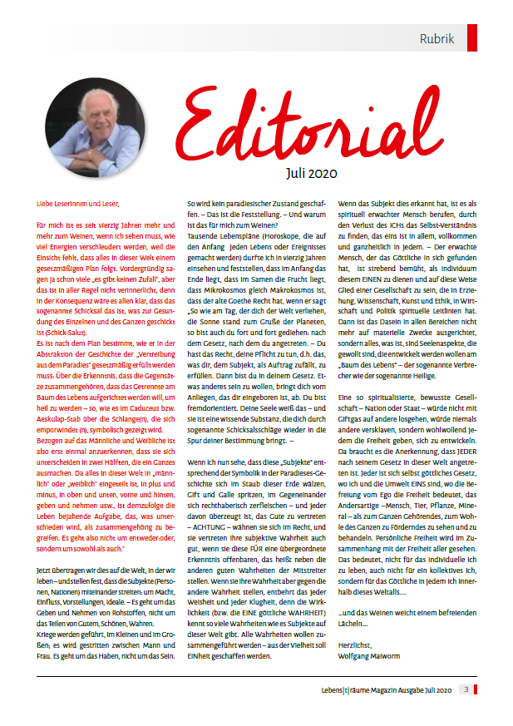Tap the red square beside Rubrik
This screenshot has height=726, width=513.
point(472,38)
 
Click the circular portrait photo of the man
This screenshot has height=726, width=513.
point(93,129)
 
